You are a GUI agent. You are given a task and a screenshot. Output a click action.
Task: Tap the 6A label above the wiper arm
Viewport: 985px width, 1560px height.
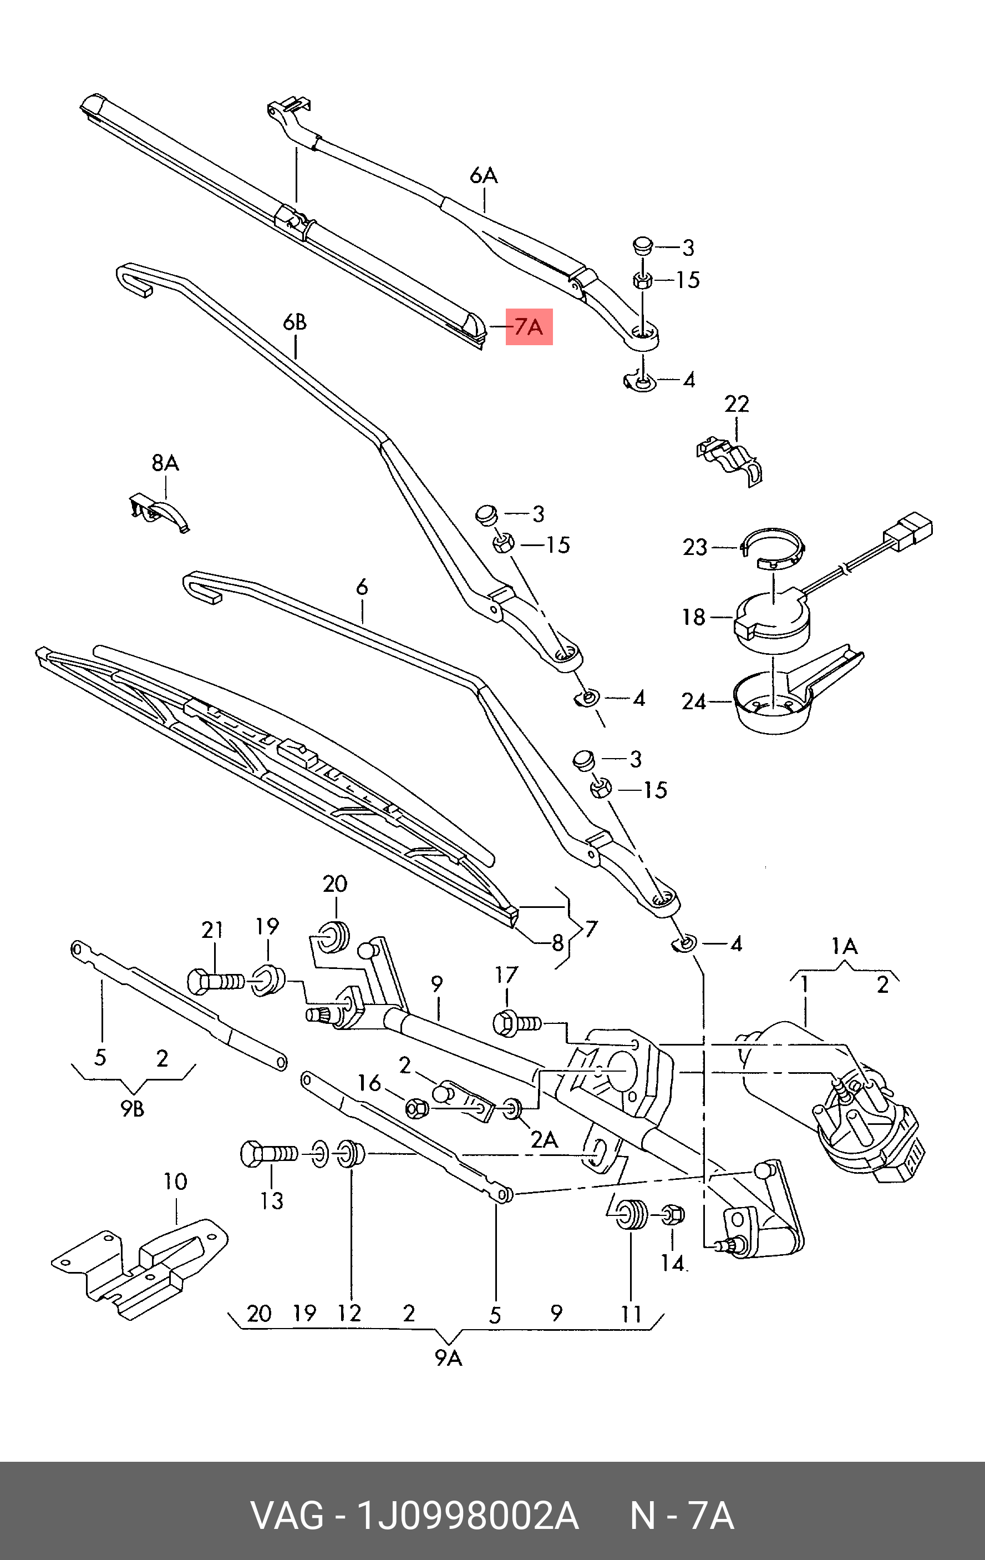click(x=483, y=175)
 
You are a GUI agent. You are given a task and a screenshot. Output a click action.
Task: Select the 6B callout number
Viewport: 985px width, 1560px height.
click(x=294, y=322)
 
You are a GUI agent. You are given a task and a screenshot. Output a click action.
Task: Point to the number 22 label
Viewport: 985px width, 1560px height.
click(x=737, y=404)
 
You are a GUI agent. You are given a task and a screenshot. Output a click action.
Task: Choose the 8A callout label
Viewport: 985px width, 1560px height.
click(x=165, y=463)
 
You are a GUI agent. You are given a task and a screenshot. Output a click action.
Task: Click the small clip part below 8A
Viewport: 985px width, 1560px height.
click(x=158, y=512)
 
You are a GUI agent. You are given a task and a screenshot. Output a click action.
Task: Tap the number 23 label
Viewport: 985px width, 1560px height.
click(x=695, y=547)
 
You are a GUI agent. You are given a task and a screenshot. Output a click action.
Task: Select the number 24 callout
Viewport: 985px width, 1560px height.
click(x=694, y=701)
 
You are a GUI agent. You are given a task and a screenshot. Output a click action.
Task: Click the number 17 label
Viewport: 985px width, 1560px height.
click(x=506, y=975)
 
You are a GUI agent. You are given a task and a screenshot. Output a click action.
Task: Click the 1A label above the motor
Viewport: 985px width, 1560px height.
click(x=845, y=947)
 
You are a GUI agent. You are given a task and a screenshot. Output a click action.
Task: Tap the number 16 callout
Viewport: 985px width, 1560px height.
click(x=369, y=1083)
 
